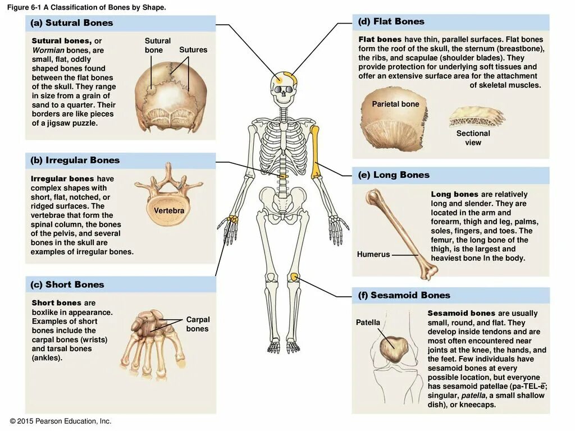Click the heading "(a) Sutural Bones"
(72, 23)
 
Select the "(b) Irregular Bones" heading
(75, 161)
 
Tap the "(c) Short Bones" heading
(67, 285)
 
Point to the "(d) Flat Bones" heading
(391, 22)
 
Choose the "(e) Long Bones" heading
(394, 175)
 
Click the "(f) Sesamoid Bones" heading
(404, 295)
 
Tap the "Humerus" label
(373, 254)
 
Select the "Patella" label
(368, 323)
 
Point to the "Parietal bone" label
(395, 104)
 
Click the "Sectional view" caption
(473, 138)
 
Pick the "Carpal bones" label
(198, 324)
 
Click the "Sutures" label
(193, 50)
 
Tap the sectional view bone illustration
(476, 118)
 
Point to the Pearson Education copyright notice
(61, 421)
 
